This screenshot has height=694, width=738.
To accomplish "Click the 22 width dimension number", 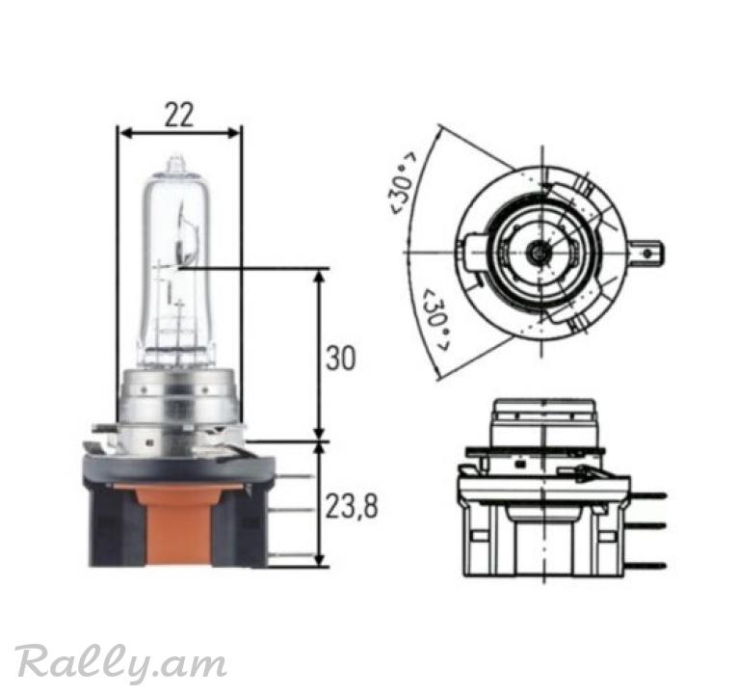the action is coord(179,116).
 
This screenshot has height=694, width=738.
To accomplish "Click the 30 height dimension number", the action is coord(340,358).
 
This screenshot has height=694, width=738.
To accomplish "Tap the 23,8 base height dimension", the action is coord(352,507).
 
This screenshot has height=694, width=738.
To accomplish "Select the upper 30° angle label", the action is coord(403,183).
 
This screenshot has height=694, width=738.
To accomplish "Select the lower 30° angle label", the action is coord(436,320).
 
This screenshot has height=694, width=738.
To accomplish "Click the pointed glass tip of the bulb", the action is coord(175,163).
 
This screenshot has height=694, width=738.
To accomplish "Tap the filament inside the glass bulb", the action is coord(182,235).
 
